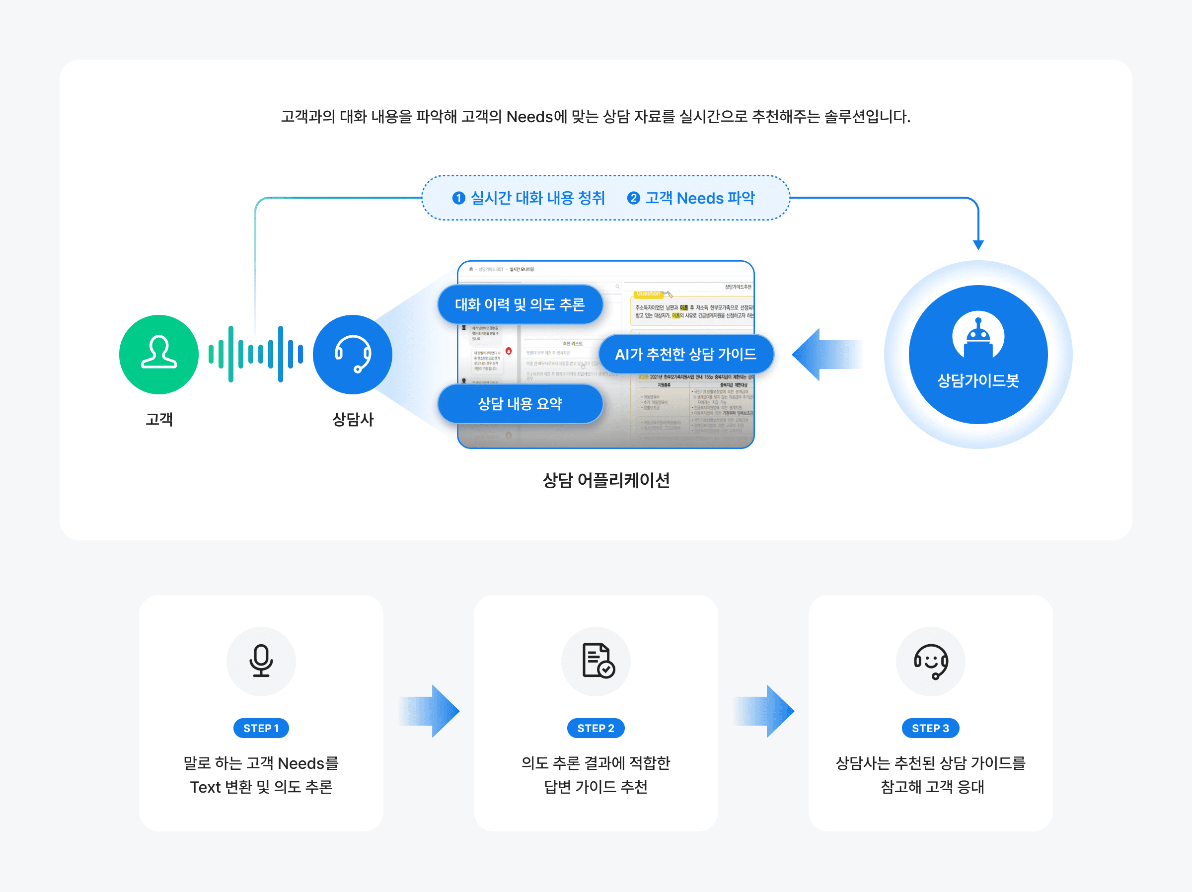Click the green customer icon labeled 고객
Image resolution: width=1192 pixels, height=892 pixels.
coord(158,354)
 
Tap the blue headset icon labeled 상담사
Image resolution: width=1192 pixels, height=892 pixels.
coord(353,354)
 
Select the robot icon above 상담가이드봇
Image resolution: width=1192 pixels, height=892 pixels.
coord(977,337)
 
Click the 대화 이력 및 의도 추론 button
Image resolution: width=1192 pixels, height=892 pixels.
coord(520,304)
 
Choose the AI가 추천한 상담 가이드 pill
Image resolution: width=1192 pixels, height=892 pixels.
coord(685,354)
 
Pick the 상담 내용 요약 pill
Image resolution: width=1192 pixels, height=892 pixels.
coord(520,404)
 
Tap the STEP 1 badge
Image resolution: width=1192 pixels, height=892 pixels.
coord(261,728)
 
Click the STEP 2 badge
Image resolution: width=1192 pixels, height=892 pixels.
coord(596,728)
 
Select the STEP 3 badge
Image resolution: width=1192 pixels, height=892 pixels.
coord(930,728)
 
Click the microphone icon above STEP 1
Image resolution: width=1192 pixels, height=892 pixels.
coord(261,661)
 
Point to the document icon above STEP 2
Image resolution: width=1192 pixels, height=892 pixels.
coord(597,661)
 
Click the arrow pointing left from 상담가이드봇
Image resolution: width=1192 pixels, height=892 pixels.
coord(827,355)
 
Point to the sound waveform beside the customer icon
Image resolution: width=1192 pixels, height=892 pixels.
coord(255,354)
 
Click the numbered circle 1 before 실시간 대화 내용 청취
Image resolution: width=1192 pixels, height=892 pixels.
coord(458,198)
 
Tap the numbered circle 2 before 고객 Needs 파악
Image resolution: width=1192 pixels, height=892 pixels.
coord(633,198)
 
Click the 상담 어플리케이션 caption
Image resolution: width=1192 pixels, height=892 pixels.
coord(606,480)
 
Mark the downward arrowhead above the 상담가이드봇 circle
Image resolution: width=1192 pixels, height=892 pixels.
coord(978,245)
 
